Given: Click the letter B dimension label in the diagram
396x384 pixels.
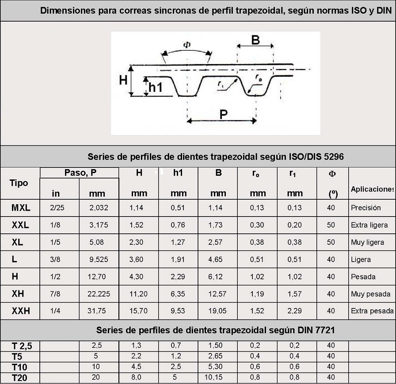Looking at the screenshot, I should coord(255,40).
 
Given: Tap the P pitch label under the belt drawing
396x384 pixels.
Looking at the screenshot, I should coord(224,114).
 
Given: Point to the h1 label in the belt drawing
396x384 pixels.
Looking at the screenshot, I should coord(155,87).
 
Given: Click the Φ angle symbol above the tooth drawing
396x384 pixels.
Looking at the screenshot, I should coord(187,45).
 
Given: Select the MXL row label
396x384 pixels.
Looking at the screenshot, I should coord(21,208).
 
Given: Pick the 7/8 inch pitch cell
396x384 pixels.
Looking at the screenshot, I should coord(56,294).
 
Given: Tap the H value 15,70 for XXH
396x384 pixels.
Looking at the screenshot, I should coord(139,311).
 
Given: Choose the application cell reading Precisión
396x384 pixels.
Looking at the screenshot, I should coord(366,208).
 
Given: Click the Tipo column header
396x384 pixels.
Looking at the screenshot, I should coord(19,183).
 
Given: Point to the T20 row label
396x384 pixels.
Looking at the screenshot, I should coord(20,378).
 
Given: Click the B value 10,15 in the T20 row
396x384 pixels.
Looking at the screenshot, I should coord(218,377).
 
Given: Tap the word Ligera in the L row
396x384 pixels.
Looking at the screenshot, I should coord(361,259).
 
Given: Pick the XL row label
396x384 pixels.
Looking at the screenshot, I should coord(18,242).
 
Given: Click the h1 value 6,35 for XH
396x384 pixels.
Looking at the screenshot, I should coord(178,294).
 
